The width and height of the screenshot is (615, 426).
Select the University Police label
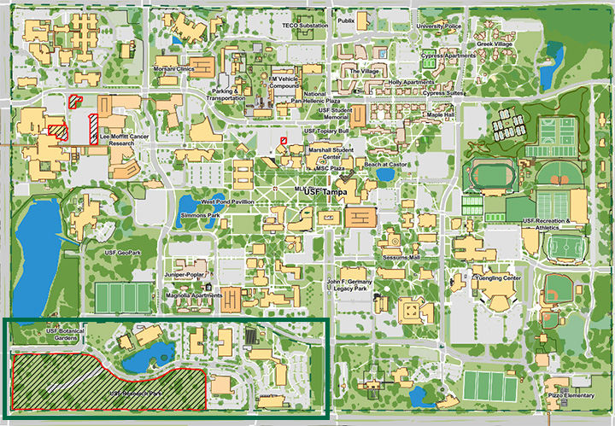click(x=438, y=26)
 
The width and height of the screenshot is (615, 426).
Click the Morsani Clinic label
click(x=193, y=68)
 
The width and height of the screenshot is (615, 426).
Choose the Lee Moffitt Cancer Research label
click(x=129, y=140)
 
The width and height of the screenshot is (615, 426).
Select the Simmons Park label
click(x=201, y=217)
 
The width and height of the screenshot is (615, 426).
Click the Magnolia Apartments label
click(x=195, y=295)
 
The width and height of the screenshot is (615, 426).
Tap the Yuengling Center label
click(x=497, y=278)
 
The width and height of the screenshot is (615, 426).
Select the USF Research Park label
click(x=136, y=394)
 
